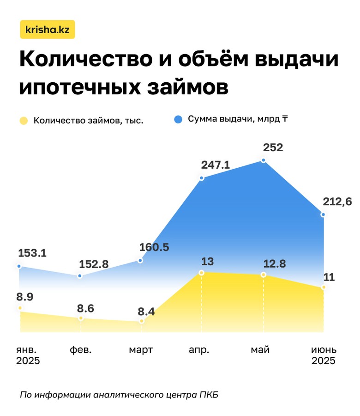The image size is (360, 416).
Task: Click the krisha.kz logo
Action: point(48,30)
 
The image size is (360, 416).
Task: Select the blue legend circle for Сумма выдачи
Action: point(178,119)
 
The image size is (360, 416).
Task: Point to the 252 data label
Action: point(273,148)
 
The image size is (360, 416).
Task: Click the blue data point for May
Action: point(264,160)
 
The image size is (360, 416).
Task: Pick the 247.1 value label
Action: point(216,165)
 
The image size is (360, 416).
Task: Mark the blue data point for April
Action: point(202,178)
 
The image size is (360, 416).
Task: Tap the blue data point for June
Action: point(323,214)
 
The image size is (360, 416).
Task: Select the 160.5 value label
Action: point(154,247)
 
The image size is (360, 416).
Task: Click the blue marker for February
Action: point(80,276)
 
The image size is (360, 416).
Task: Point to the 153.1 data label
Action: point(32,253)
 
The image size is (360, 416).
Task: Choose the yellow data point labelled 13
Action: point(202,273)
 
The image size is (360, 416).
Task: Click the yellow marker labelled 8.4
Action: point(141,321)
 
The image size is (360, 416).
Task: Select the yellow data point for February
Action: point(81,318)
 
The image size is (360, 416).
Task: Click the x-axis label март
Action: point(141,349)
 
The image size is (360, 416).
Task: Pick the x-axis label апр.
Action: point(199,349)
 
